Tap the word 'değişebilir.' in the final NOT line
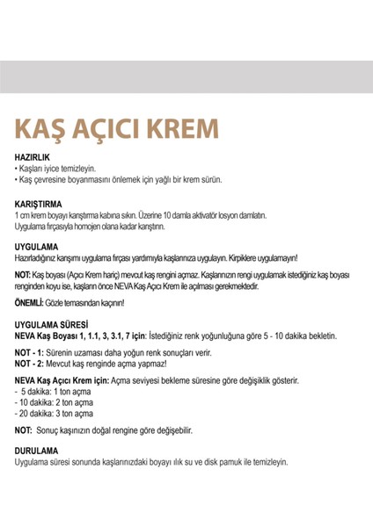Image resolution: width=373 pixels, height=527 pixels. tap(170, 431)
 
